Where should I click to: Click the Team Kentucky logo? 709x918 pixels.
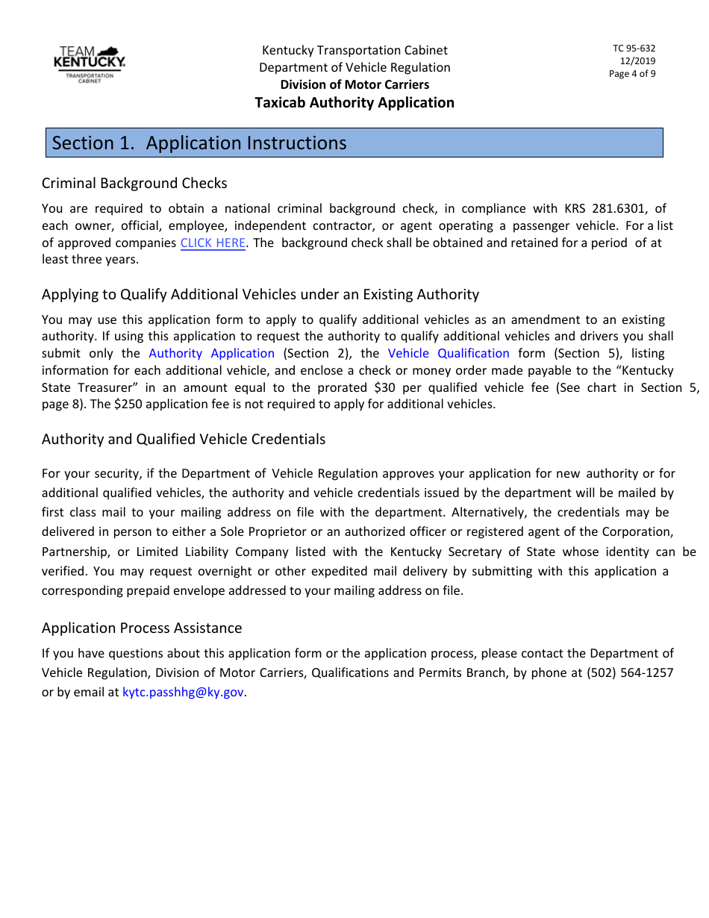(89, 63)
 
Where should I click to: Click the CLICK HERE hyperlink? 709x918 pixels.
(213, 243)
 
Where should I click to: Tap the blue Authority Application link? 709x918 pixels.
(211, 354)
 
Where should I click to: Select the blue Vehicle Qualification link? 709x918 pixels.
(449, 354)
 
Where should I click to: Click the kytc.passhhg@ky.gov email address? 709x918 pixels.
(183, 693)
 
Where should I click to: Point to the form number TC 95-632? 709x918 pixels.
(634, 49)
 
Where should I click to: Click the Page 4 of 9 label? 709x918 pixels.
(632, 74)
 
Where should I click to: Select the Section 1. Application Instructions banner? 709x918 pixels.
(354, 143)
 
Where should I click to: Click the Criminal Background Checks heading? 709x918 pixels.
(134, 183)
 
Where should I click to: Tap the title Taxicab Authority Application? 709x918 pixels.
(354, 103)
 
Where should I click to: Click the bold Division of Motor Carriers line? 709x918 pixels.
(354, 84)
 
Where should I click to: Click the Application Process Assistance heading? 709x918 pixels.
(142, 628)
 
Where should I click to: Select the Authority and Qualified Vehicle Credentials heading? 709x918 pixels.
(184, 439)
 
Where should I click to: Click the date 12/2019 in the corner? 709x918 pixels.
(637, 61)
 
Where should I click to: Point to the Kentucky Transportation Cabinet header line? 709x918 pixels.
(354, 50)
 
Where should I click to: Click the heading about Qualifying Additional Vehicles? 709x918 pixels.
(260, 294)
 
